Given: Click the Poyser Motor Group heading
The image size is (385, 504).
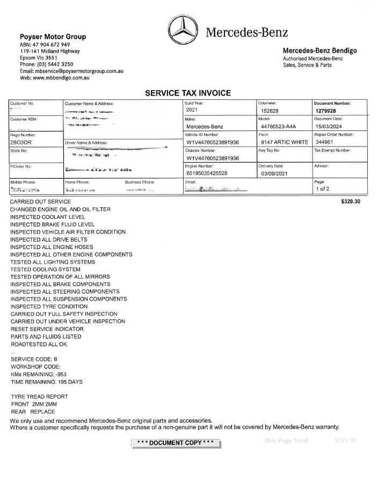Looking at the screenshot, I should (x=53, y=36).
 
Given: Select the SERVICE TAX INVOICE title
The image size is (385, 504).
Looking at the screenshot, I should (x=188, y=93).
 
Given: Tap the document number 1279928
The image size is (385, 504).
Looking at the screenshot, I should (x=326, y=111).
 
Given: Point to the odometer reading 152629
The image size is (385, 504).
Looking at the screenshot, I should (x=272, y=111).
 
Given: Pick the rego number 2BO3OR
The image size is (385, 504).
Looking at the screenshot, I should (x=21, y=143).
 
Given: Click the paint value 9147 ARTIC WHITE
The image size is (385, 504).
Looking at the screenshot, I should (x=284, y=142).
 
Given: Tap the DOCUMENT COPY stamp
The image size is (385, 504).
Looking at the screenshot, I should (x=176, y=443).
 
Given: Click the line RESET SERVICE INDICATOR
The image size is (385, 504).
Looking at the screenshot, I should (x=47, y=329).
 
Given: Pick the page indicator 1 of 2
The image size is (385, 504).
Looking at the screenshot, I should (x=323, y=189).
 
